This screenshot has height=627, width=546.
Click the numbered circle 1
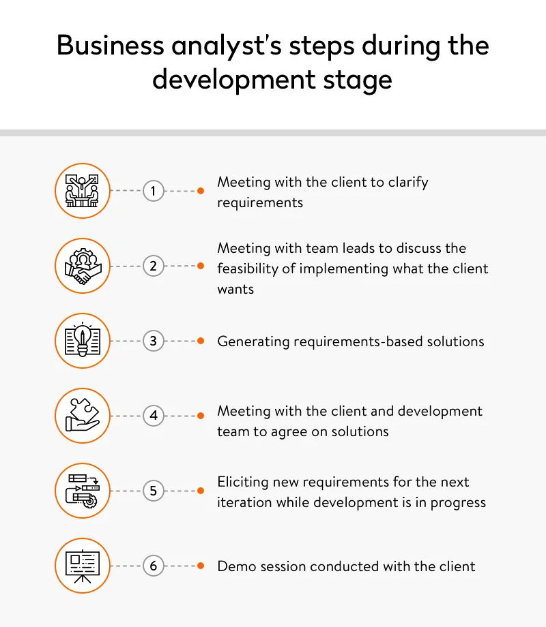154,191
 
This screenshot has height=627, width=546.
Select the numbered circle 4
154,415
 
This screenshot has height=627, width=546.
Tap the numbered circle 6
154,565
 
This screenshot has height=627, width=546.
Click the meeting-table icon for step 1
82,191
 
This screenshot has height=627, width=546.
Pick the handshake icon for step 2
82,266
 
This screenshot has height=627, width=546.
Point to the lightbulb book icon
82,341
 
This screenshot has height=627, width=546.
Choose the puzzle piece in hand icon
82,415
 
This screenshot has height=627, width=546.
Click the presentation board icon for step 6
82,565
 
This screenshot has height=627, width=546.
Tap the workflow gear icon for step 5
82,490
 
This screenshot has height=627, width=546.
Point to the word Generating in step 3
253,341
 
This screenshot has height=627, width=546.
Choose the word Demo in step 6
234,566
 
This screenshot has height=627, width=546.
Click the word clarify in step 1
407,183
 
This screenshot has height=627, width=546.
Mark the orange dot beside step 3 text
201,341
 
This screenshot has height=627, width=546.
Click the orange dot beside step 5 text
201,491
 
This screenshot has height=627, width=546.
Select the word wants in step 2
235,289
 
